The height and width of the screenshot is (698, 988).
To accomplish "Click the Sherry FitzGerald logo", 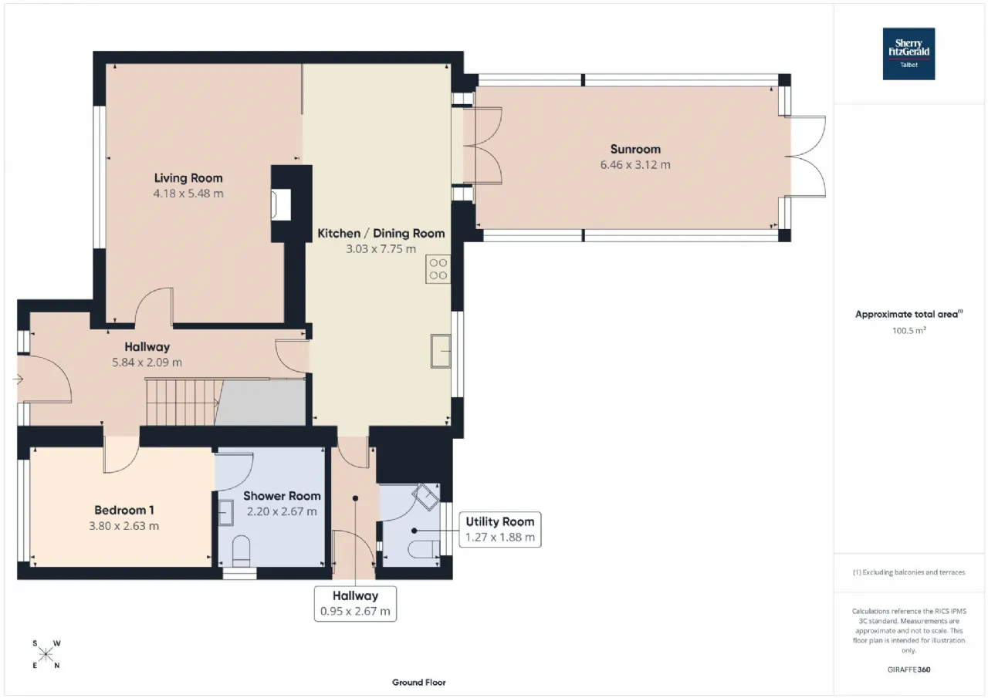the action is point(908,54).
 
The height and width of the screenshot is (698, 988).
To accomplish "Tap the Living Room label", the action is point(188,178).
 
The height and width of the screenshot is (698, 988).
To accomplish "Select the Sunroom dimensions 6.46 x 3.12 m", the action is point(635,165).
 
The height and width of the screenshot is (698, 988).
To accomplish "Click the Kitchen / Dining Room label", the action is point(381,233).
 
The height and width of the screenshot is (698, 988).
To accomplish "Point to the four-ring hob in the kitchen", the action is point(438,269).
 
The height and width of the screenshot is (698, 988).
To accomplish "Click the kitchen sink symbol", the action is point(441,351).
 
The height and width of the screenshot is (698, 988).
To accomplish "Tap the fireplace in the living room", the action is point(281,204).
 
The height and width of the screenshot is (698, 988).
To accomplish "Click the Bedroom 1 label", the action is point(124,511).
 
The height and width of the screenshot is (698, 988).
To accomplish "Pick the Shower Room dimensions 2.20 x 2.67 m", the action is point(282,511).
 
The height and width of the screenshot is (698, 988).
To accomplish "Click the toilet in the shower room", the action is point(241,551).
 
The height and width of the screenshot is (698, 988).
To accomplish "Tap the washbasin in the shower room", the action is point(226,513).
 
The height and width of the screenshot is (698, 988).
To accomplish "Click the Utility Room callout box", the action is point(500,530).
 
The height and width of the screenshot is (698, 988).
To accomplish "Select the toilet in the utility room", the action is point(424,549).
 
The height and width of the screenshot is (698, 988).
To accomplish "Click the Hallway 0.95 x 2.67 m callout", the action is point(355,604).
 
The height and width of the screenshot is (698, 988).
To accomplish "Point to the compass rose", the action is point(46,654).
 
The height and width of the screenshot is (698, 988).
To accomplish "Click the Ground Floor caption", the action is point(419,683).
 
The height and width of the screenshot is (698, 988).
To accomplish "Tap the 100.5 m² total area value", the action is point(908,330).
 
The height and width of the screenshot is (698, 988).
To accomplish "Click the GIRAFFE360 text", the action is point(908,669).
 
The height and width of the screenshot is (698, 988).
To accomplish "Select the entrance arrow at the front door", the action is point(18,379).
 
